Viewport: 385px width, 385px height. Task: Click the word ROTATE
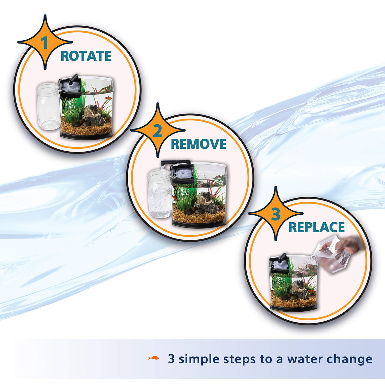[86, 56]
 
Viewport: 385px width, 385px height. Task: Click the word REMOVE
[199, 144]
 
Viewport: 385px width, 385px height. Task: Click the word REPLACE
[316, 227]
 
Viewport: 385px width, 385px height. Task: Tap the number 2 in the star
[158, 131]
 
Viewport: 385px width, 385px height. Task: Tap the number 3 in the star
[276, 214]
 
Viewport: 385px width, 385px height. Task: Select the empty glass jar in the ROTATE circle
[48, 106]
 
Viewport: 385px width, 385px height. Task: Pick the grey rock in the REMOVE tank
[206, 203]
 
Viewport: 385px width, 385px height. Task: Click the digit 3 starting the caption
[171, 359]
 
